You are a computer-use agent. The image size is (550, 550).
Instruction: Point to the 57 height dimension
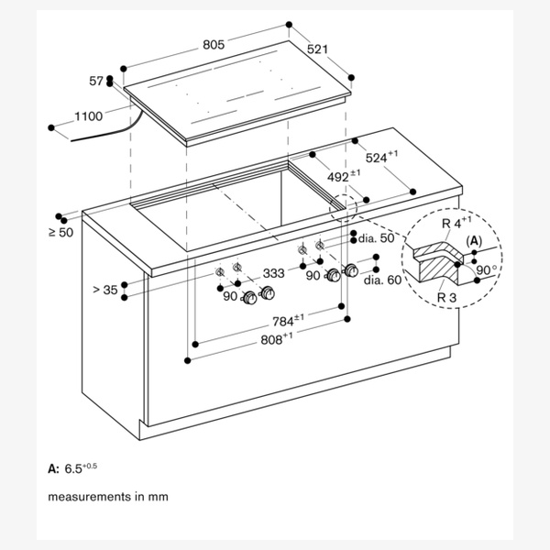point(96,82)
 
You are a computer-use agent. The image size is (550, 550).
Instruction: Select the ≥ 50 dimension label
point(61,233)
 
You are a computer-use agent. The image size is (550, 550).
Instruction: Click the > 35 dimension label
point(105,290)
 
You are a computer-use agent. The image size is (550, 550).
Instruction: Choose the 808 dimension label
point(274,338)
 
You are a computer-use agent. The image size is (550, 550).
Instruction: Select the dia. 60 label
point(382,280)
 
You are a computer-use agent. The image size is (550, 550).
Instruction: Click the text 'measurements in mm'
point(108,497)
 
